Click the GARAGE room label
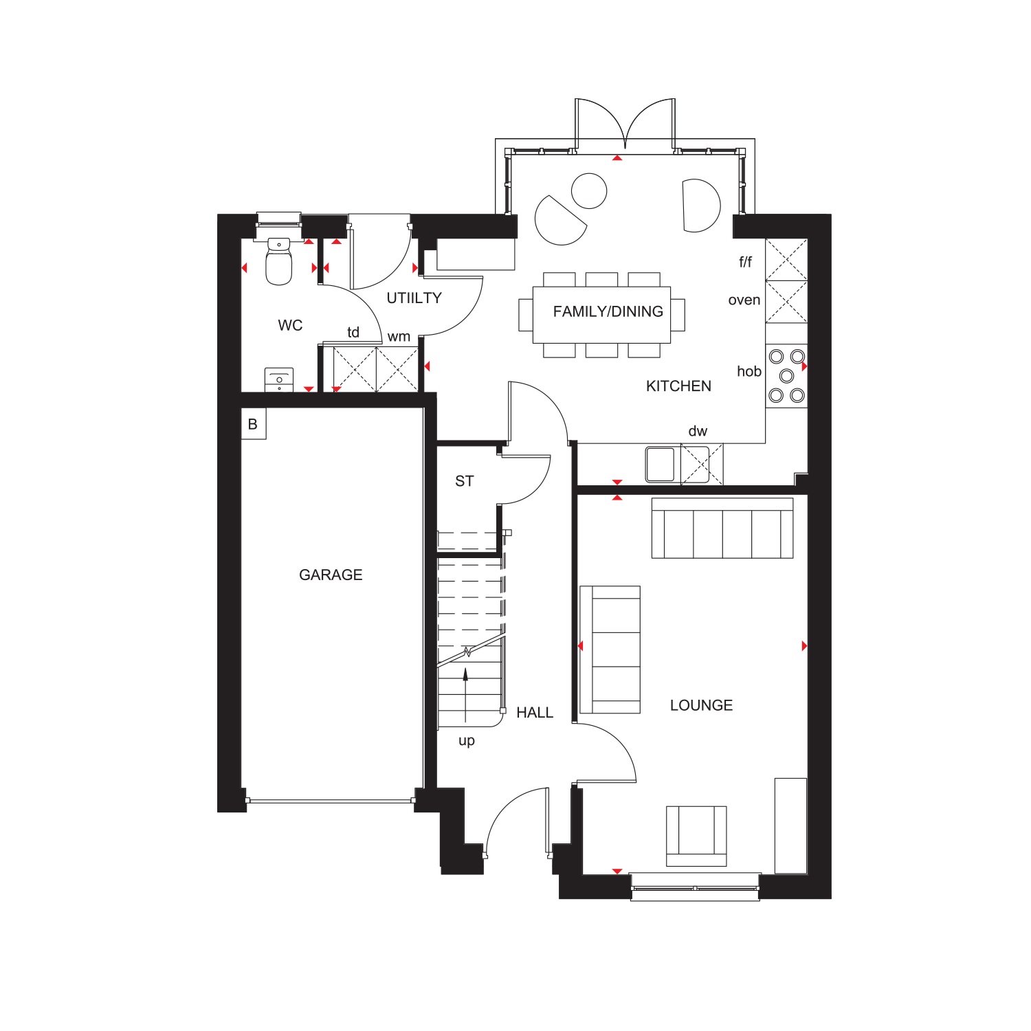pyautogui.click(x=331, y=575)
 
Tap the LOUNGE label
pyautogui.click(x=701, y=705)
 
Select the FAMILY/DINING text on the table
pyautogui.click(x=608, y=311)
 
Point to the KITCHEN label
pyautogui.click(x=678, y=386)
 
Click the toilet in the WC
pyautogui.click(x=278, y=261)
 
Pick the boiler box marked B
pyautogui.click(x=253, y=424)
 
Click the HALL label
pyautogui.click(x=535, y=713)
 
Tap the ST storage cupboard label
pyautogui.click(x=465, y=481)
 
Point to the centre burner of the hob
pyautogui.click(x=787, y=376)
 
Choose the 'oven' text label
pyautogui.click(x=744, y=300)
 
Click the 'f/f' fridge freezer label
pyautogui.click(x=746, y=262)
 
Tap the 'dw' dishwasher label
pyautogui.click(x=698, y=431)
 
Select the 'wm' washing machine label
pyautogui.click(x=399, y=337)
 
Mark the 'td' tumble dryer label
pyautogui.click(x=353, y=333)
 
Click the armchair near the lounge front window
pyautogui.click(x=696, y=836)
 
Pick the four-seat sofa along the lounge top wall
pyautogui.click(x=722, y=528)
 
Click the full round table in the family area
pyautogui.click(x=589, y=190)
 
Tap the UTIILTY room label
pyautogui.click(x=414, y=298)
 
